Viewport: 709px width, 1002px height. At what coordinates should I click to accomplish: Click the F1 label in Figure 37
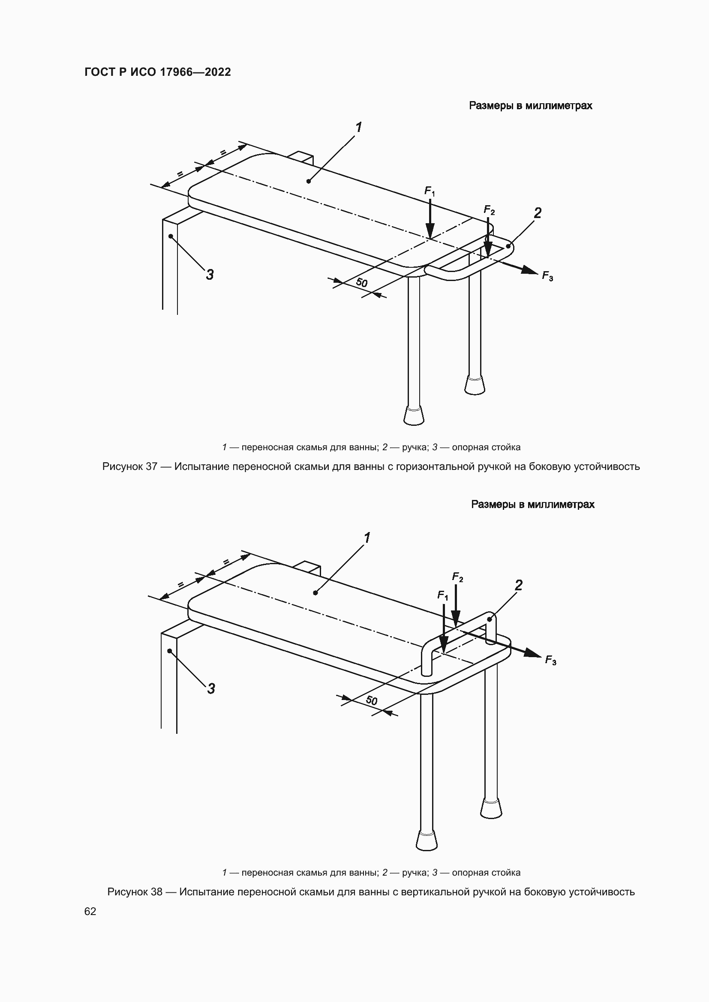pos(429,191)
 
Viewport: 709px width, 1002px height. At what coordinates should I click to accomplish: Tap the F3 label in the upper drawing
pos(547,276)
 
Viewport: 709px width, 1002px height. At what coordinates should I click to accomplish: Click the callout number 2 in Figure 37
pos(538,213)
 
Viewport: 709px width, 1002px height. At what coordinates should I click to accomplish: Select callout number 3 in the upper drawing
pos(210,275)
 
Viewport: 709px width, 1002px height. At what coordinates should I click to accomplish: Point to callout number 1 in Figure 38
pos(367,538)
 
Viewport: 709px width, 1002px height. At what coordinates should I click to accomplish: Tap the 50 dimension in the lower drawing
pos(372,700)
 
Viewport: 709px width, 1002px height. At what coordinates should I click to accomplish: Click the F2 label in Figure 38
pos(457,577)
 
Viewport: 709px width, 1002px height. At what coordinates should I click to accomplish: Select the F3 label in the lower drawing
pos(550,660)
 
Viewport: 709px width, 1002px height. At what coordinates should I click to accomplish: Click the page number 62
pos(90,911)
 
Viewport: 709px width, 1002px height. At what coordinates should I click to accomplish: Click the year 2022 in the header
pos(217,72)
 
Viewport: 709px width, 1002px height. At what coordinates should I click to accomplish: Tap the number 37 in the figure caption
pos(151,467)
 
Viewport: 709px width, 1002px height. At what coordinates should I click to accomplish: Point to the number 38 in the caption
pos(157,891)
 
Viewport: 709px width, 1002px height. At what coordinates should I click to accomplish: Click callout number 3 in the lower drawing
pos(211,689)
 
